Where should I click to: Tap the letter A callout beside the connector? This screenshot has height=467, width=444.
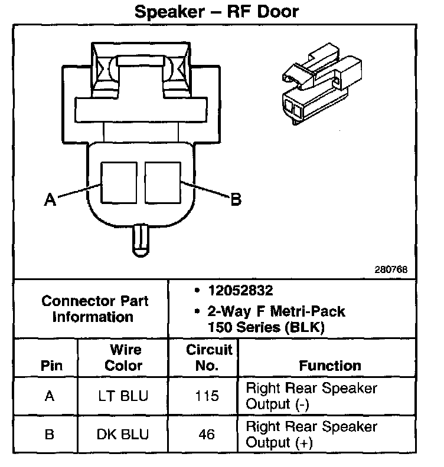coord(50,200)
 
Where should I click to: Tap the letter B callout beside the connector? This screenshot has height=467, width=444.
coord(235,200)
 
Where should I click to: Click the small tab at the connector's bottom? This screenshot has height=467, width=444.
coord(141,239)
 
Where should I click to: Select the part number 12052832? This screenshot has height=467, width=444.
coord(240,291)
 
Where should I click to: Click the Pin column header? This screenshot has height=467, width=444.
coord(51,366)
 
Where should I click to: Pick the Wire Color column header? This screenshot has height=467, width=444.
coord(123,358)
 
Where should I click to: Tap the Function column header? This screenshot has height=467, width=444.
coord(330,366)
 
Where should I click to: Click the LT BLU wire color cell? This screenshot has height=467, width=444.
coord(123,397)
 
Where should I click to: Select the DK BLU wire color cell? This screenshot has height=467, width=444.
coord(123,435)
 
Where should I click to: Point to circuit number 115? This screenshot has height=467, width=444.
coord(207,397)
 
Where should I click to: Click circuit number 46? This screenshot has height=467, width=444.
coord(207,435)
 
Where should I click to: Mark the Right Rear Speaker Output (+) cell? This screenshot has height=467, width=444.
coord(311,435)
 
